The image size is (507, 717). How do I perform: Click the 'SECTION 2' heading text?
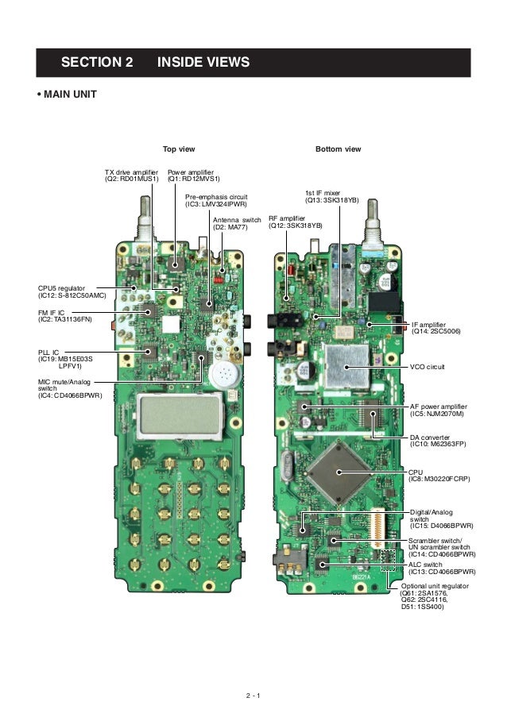coord(97,63)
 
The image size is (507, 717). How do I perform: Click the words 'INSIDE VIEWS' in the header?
coord(204,63)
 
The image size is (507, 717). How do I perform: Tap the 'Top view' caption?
coord(179,149)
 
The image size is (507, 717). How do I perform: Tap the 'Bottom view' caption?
coord(338,149)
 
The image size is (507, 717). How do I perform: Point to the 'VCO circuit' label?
coord(428,368)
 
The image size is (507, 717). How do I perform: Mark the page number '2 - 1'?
coord(253,697)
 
